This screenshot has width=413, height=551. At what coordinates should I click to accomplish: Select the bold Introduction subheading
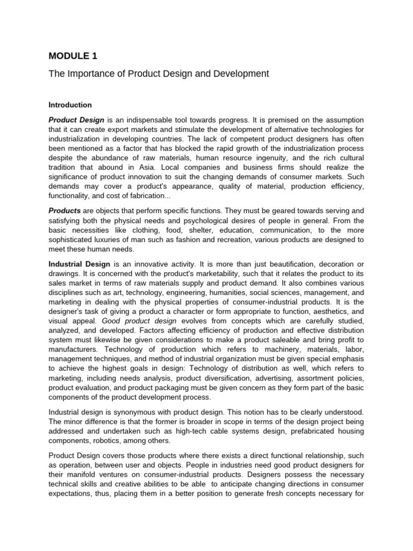point(70,105)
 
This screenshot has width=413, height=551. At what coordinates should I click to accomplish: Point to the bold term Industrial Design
point(80,264)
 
